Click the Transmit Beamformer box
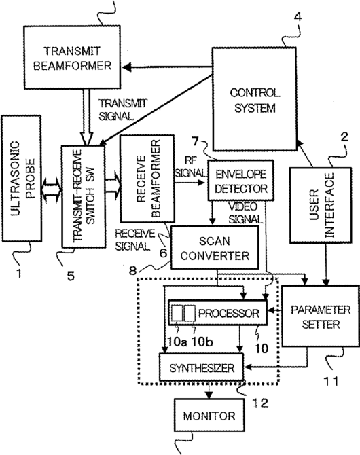click(x=72, y=57)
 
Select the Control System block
click(x=255, y=99)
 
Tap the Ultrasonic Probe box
click(x=22, y=179)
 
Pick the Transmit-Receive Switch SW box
click(x=84, y=196)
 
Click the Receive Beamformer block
click(x=147, y=179)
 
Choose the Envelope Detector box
click(x=240, y=180)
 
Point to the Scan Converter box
click(x=215, y=247)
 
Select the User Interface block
click(x=321, y=205)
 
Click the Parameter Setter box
click(x=321, y=316)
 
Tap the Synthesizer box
click(x=202, y=367)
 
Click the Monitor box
click(x=209, y=415)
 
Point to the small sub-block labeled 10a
click(x=177, y=313)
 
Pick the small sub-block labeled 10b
click(x=190, y=313)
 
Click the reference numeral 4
click(x=298, y=17)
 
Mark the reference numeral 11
click(x=331, y=381)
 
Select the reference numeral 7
click(x=195, y=141)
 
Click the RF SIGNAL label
click(x=190, y=166)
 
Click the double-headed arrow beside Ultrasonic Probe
click(x=52, y=190)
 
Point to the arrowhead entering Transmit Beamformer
click(x=127, y=68)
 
